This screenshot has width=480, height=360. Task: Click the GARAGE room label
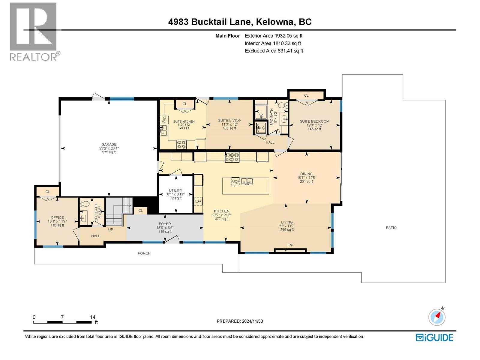109,144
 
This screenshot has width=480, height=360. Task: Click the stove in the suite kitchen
181,144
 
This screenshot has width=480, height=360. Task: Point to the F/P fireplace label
290,245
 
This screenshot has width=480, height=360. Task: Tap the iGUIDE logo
434,337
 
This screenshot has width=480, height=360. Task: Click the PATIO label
391,228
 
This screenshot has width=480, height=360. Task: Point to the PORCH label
144,253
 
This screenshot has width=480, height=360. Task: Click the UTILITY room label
175,190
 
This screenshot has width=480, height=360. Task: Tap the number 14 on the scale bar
93,317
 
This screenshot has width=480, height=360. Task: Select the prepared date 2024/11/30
252,321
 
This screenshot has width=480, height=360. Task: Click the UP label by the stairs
110,229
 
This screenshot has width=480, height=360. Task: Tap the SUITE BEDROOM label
314,121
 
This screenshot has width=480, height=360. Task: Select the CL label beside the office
47,192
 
